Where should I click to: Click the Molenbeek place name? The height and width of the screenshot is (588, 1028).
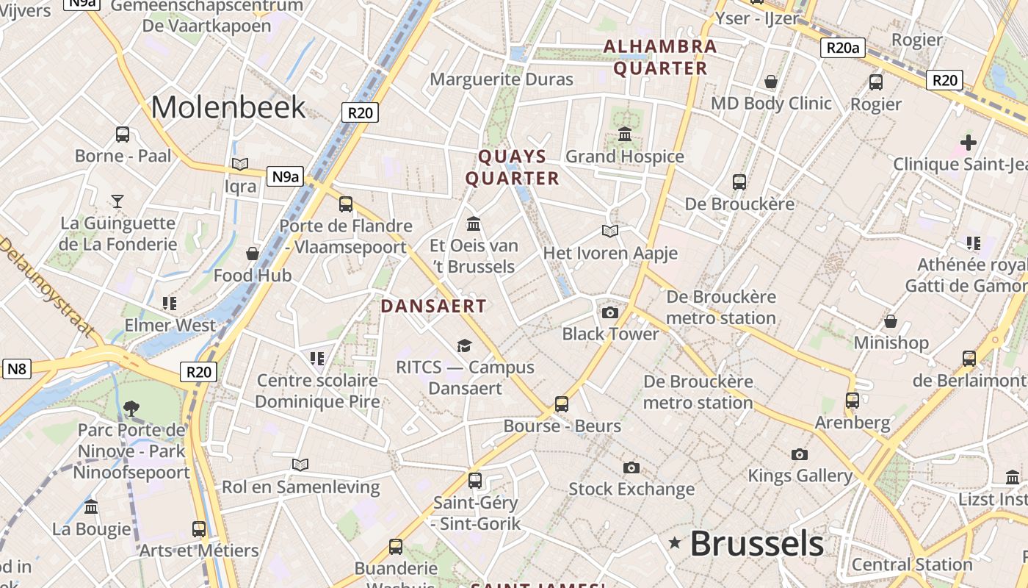click(228, 107)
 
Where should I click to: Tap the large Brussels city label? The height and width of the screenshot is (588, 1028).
click(756, 544)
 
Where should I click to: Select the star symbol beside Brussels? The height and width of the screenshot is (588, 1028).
click(674, 543)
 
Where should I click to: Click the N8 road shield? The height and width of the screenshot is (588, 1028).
click(17, 368)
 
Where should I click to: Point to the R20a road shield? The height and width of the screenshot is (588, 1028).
click(842, 49)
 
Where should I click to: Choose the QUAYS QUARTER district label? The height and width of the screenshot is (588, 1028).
click(513, 168)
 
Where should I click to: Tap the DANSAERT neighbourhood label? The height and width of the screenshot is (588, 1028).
click(433, 306)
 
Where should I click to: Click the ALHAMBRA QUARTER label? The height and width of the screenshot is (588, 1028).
click(660, 57)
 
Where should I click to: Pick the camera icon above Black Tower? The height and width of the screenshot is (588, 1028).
click(609, 313)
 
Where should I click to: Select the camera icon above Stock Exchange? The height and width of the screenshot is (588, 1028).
click(631, 468)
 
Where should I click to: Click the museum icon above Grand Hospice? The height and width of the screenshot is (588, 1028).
click(625, 135)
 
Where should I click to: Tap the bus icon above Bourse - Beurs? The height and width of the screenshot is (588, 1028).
click(562, 404)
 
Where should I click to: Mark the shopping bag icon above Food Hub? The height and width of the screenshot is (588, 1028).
click(253, 254)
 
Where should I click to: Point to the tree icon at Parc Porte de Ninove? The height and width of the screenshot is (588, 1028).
click(131, 408)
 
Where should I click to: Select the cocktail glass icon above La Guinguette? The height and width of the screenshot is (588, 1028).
click(117, 201)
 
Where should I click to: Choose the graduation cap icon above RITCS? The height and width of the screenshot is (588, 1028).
click(464, 345)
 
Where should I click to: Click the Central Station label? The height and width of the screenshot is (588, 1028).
click(912, 565)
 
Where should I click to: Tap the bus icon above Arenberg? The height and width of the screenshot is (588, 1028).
click(853, 401)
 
